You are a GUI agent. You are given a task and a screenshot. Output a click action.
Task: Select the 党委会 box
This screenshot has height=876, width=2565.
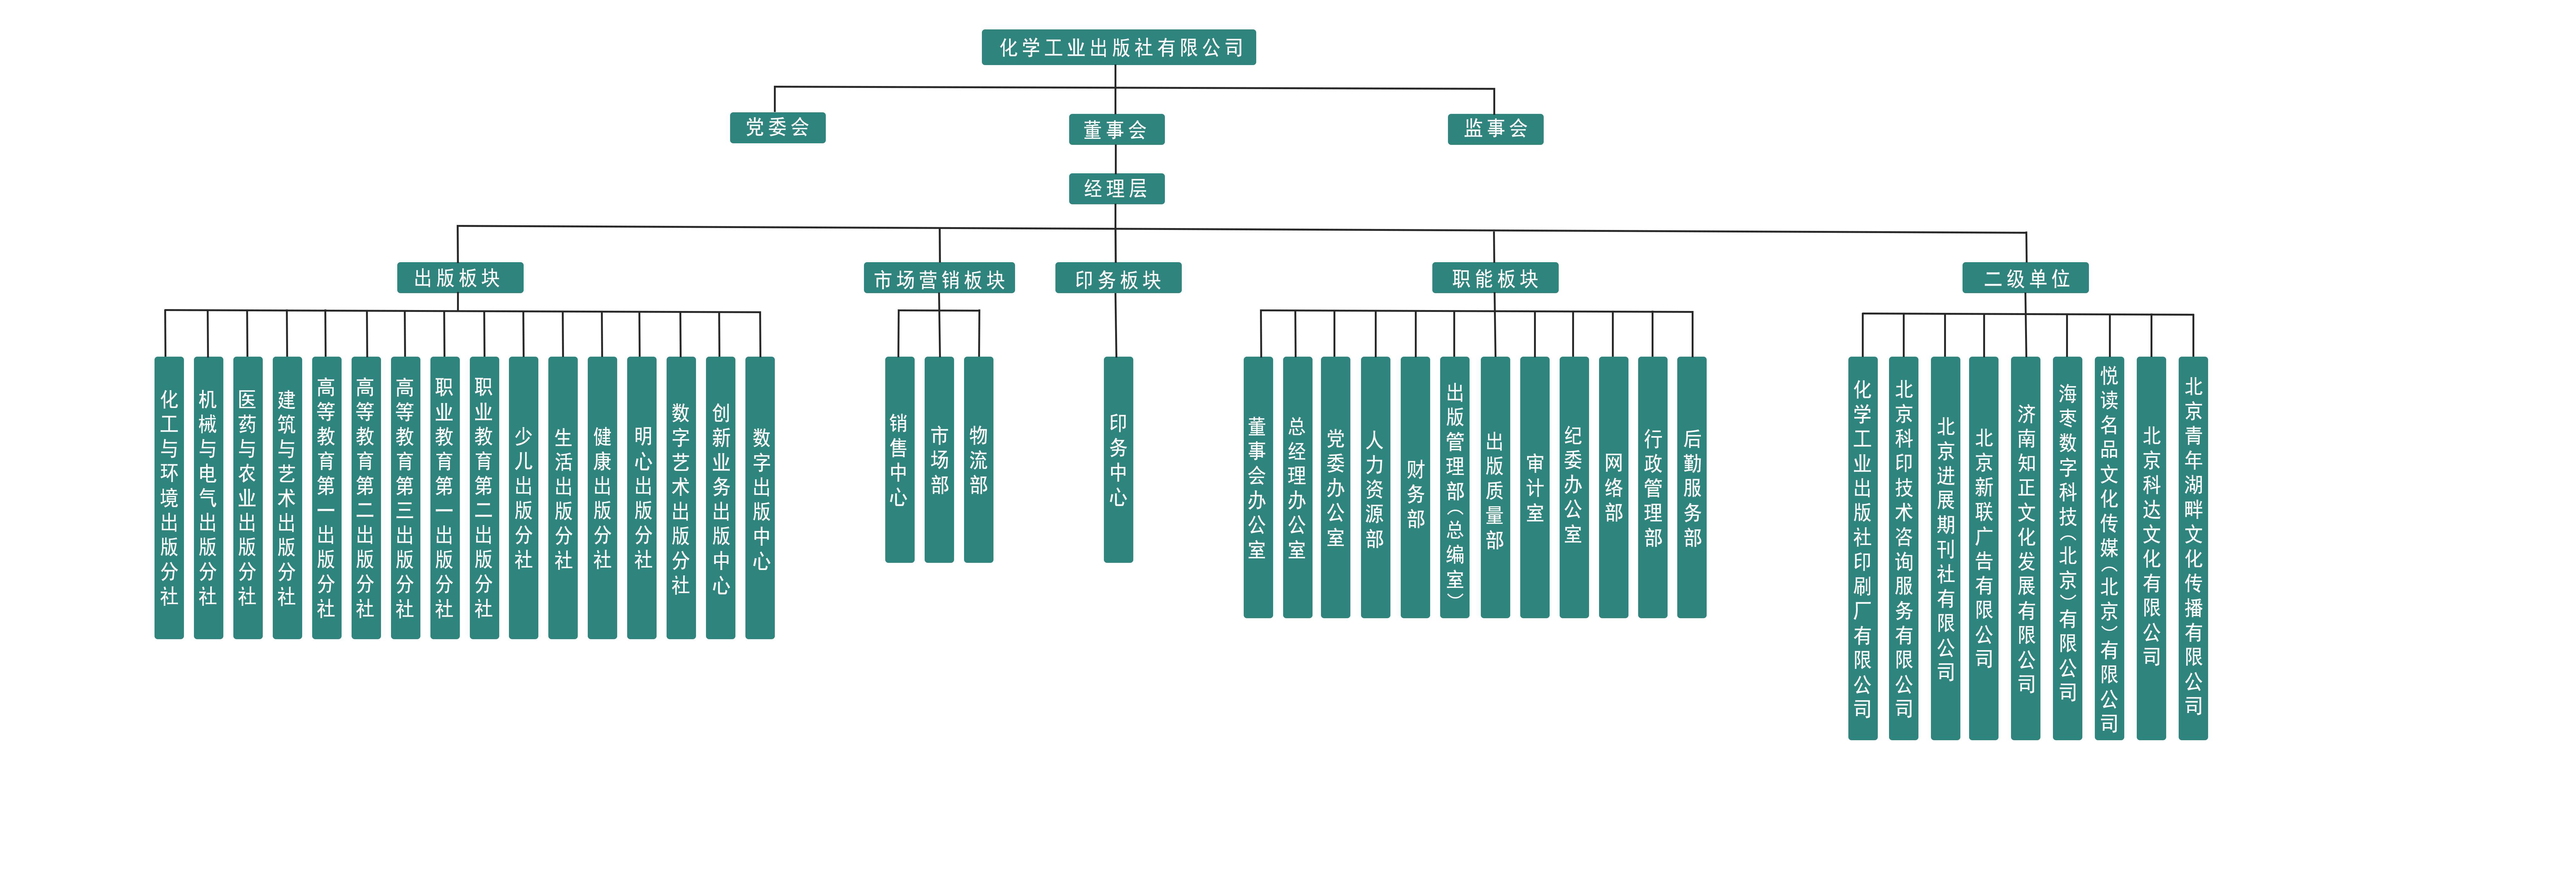(778, 127)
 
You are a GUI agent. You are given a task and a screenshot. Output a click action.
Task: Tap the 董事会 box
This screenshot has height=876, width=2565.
(1116, 130)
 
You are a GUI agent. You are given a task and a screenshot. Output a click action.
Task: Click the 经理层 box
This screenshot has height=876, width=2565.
(1116, 188)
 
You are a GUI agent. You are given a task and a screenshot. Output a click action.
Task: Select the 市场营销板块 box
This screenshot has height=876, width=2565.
(939, 279)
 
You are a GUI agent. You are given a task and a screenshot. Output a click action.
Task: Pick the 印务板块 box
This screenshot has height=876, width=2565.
(1118, 279)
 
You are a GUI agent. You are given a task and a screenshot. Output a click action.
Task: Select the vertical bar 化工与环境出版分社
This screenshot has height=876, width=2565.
(169, 498)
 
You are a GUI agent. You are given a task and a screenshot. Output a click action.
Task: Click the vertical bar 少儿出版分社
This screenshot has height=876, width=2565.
(524, 498)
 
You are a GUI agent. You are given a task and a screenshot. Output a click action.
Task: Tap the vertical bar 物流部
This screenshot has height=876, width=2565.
(979, 460)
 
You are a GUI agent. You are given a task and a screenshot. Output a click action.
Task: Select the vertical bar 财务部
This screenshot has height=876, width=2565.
(1415, 488)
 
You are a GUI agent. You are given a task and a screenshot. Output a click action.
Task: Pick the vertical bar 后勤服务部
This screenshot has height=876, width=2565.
(1692, 488)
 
